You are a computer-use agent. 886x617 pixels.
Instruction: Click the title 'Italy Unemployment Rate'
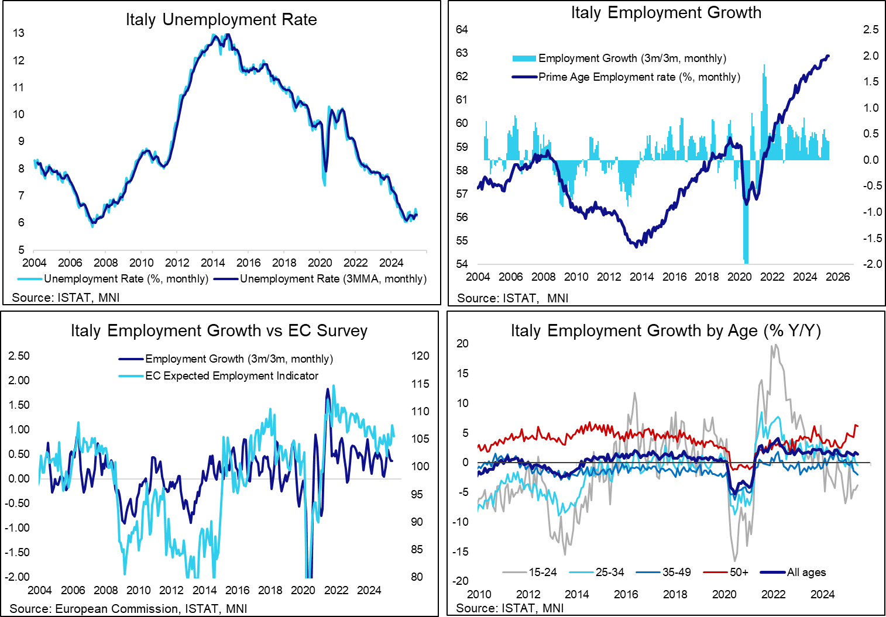pos(221,20)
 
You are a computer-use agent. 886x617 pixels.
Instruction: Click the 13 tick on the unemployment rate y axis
pos(19,33)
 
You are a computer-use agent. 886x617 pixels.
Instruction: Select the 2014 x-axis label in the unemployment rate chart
pos(213,263)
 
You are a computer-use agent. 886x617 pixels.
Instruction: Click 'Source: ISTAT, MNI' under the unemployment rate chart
pos(66,298)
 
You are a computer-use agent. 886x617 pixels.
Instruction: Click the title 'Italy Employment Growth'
pos(666,13)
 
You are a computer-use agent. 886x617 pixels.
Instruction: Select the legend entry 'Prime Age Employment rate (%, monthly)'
pos(639,77)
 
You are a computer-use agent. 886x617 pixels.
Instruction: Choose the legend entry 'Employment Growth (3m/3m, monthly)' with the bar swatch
pos(632,58)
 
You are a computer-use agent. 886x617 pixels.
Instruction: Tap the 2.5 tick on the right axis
pos(871,29)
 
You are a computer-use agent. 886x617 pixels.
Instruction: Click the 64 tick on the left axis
pos(462,29)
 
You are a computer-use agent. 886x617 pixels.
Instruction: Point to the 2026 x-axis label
pos(837,277)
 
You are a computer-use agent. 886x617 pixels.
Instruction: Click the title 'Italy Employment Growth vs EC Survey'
pos(219,331)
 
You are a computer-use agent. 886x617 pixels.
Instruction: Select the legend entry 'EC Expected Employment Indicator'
pos(232,376)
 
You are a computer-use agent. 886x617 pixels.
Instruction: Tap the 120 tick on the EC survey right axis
pos(420,356)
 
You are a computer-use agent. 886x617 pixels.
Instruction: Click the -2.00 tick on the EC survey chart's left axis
pos(18,577)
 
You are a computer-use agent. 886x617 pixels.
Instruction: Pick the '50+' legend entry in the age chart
pos(739,573)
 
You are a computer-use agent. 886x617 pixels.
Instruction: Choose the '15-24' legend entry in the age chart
pos(542,573)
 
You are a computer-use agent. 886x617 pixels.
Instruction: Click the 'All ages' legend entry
pos(806,573)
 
